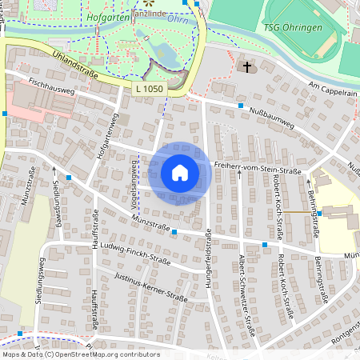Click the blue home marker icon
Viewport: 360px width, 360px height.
click(179, 172)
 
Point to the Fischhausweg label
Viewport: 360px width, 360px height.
click(50, 87)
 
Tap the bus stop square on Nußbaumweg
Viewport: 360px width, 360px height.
click(240, 104)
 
